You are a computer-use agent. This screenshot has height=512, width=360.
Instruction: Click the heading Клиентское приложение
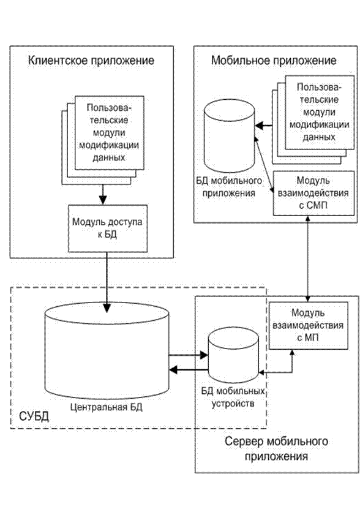click(x=91, y=61)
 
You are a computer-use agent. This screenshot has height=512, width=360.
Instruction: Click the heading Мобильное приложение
click(x=274, y=61)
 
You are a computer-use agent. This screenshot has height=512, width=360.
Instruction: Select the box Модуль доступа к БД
click(x=107, y=228)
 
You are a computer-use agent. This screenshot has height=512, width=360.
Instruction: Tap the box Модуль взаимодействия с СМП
click(x=313, y=193)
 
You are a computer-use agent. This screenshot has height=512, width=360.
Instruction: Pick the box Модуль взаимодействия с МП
click(x=308, y=325)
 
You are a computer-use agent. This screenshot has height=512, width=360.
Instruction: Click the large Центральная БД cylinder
click(x=107, y=350)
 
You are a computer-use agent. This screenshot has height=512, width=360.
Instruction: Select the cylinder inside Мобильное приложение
click(x=229, y=136)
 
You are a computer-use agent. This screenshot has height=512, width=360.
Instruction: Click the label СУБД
click(x=34, y=416)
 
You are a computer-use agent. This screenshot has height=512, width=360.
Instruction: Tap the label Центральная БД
click(x=107, y=407)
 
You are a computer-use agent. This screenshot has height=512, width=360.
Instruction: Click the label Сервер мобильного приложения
click(x=276, y=448)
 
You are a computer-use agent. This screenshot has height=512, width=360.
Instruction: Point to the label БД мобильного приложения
click(x=229, y=186)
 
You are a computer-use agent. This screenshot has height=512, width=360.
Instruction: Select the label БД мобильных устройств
click(x=233, y=397)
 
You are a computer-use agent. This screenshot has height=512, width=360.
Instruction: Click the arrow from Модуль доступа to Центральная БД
click(x=107, y=282)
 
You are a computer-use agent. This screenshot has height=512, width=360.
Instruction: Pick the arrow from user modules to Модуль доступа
click(x=103, y=195)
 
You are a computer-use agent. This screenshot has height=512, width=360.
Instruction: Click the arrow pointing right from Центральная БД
click(x=189, y=355)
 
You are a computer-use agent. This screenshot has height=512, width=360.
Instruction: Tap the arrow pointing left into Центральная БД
click(x=189, y=370)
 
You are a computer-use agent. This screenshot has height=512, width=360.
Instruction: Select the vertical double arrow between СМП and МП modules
click(x=307, y=258)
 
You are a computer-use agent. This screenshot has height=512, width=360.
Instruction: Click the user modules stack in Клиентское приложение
click(x=103, y=140)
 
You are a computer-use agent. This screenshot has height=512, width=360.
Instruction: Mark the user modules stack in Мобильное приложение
click(x=313, y=119)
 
